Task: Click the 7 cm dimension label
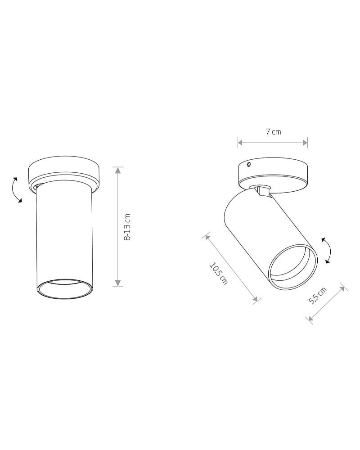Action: coord(273,132)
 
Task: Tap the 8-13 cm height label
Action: coord(127,227)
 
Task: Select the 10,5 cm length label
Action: coord(219,273)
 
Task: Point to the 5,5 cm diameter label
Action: coord(318,295)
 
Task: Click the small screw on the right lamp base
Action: coord(248,164)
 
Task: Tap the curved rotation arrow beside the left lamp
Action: coord(16,190)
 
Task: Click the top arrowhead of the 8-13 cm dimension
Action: coord(117,170)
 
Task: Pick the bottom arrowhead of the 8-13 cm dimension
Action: coord(117,283)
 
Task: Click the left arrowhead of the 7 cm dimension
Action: coord(241,143)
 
